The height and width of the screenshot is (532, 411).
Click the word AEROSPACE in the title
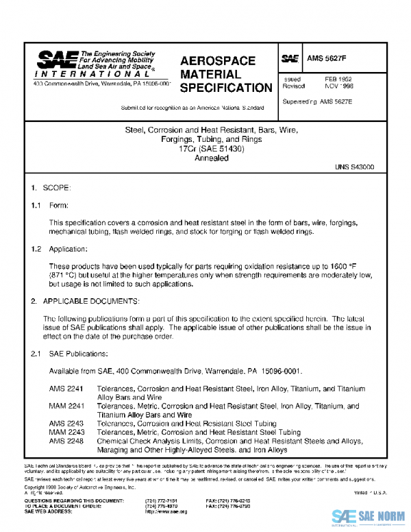tap(218, 61)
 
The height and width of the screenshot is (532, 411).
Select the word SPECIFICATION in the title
tap(226, 88)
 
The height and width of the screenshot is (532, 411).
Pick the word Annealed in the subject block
tap(207, 158)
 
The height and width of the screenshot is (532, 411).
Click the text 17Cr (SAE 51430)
tap(207, 149)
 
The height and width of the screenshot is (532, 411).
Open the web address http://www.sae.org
tap(167, 511)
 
